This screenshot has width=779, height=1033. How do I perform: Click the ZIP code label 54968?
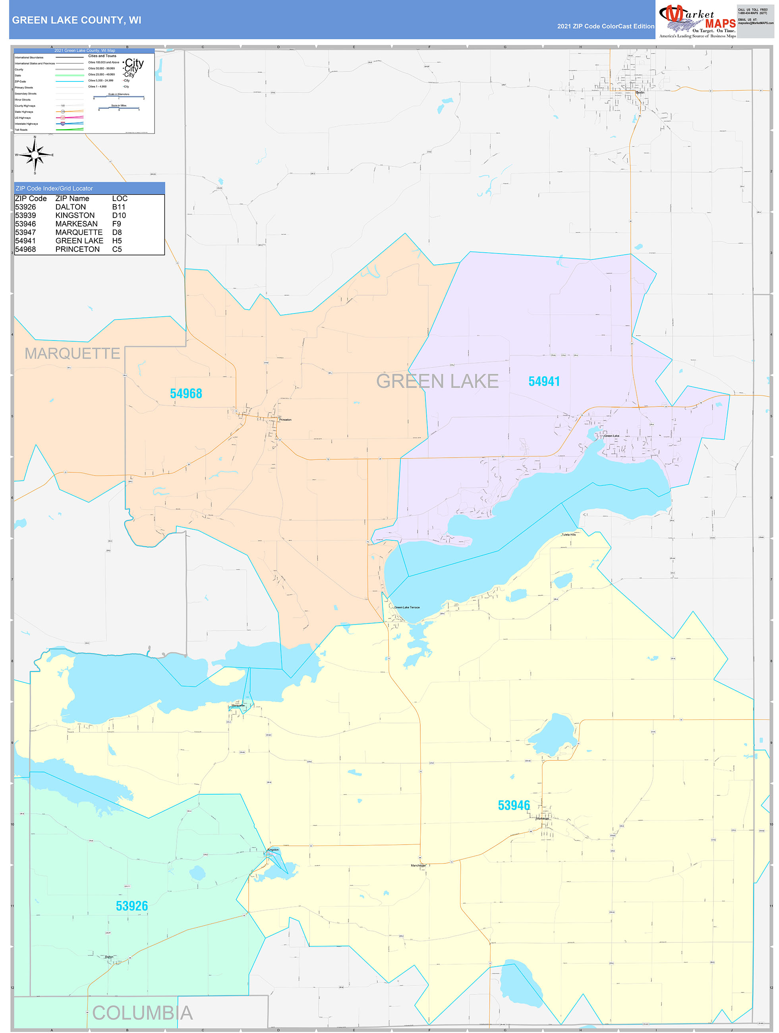(x=186, y=394)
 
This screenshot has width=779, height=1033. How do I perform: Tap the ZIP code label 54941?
(x=544, y=381)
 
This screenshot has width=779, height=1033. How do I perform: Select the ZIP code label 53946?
(x=514, y=806)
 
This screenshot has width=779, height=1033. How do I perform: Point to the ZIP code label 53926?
(x=132, y=906)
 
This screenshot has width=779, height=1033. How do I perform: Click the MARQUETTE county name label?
(x=72, y=354)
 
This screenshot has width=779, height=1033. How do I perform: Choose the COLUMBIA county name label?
(x=143, y=1013)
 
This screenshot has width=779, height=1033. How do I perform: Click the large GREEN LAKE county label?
(x=437, y=381)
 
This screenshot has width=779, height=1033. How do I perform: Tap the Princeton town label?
(x=285, y=420)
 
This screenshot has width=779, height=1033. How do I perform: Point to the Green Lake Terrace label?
(x=407, y=607)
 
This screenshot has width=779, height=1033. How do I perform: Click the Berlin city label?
(x=640, y=93)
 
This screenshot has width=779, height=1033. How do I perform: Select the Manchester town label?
(x=418, y=865)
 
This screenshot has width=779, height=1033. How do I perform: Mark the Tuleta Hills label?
(x=568, y=535)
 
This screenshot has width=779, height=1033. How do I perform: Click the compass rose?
(x=35, y=155)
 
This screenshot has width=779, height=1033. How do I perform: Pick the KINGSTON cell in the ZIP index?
(x=75, y=215)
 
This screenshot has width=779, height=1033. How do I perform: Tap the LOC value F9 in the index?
(x=116, y=224)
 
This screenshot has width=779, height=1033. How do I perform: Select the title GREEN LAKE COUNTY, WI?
(x=77, y=20)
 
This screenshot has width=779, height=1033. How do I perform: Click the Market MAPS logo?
(x=697, y=21)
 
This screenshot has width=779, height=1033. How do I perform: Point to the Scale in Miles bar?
(x=119, y=109)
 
